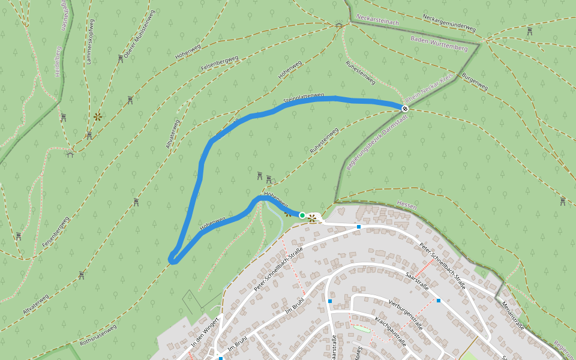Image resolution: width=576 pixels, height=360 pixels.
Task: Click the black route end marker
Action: coord(405,108)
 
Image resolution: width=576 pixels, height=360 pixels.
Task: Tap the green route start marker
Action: coord(302,215)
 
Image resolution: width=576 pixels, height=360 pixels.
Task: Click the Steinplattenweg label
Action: coord(304,97)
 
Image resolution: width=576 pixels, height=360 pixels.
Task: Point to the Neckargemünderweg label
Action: coord(449,23)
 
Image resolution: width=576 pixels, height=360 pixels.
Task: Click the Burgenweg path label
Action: coord(475,82)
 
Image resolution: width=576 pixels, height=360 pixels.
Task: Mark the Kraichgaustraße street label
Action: coord(390,331)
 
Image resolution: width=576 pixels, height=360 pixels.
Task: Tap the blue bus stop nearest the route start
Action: coord(359,227)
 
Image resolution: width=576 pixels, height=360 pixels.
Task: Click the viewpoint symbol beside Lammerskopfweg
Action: coord(97,116)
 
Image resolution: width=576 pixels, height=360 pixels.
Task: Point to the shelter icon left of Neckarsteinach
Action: coord(338,25)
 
